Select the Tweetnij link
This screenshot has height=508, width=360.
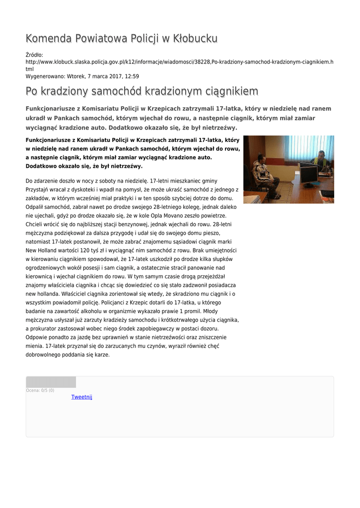tap(81, 397)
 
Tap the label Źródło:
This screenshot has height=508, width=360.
tap(34, 55)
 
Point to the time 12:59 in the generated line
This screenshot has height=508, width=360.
tap(132, 76)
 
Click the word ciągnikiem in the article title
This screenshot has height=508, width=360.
tap(229, 91)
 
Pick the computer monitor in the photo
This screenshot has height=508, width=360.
tap(309, 174)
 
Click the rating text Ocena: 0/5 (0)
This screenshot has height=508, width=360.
tap(40, 390)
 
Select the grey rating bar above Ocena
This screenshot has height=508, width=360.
tap(51, 382)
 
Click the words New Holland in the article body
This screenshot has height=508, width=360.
tap(43, 251)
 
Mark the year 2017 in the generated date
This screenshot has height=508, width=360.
tap(114, 76)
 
